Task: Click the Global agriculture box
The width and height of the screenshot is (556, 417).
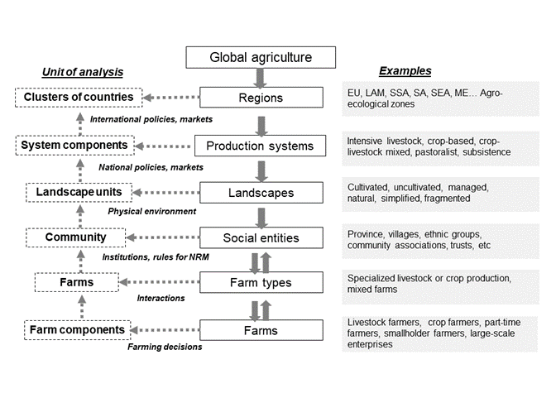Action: pos(261,57)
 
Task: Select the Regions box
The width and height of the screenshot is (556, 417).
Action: pos(261,98)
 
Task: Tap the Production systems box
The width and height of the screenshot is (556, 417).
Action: pos(261,146)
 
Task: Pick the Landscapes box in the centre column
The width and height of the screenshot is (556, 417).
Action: pos(261,193)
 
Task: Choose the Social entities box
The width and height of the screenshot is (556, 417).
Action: pos(261,237)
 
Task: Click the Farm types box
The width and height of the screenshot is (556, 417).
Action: pos(261,282)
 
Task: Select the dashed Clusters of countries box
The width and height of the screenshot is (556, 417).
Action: pos(79,97)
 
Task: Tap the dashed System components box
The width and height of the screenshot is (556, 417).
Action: pos(74,146)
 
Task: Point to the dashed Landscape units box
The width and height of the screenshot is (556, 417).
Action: pos(79,193)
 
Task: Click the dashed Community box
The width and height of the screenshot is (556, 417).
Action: pos(76,237)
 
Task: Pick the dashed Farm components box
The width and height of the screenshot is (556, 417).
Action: pos(77,330)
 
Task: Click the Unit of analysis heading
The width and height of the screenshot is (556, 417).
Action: pos(83,72)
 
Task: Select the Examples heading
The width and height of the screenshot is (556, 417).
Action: pos(405,71)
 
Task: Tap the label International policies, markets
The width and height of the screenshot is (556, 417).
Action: pos(151,119)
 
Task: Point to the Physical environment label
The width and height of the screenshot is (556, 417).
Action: pos(152,211)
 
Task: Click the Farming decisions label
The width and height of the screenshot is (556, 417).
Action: pos(165,347)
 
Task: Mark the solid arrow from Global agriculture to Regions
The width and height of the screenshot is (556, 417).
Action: pos(261,78)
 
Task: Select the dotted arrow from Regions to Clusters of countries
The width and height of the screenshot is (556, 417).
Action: pos(171,97)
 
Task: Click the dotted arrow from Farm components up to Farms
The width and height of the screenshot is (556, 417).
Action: pos(82,307)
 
